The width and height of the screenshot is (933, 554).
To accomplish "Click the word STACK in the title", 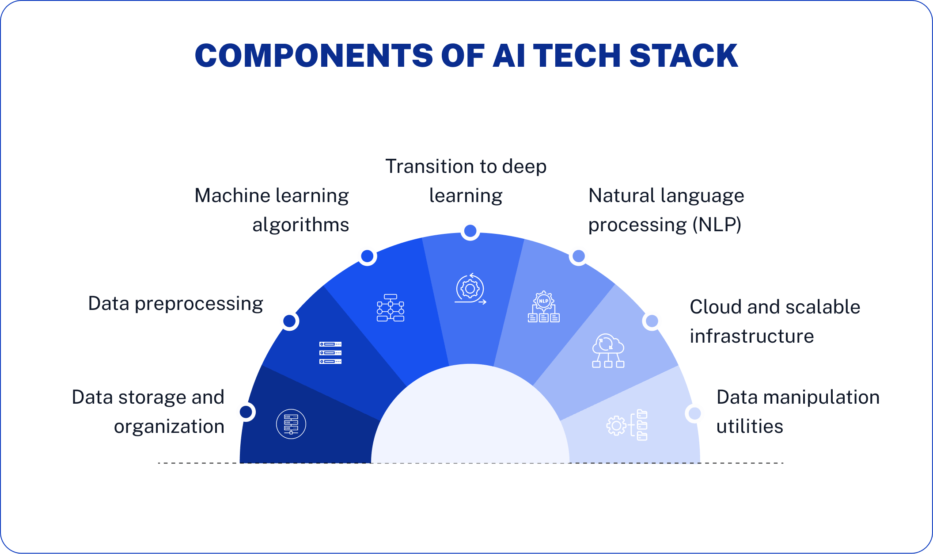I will (x=683, y=56).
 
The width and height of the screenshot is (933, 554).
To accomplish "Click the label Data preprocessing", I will (x=175, y=304).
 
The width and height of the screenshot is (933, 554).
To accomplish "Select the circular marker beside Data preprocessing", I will (x=289, y=321).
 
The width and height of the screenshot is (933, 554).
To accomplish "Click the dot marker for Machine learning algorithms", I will (x=367, y=256).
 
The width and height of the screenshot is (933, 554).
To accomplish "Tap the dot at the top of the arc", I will (x=470, y=231).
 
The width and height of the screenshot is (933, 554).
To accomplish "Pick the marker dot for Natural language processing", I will (x=578, y=256).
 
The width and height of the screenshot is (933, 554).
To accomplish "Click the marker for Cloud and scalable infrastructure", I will (x=652, y=321).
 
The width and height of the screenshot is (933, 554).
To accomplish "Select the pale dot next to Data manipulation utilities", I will (x=694, y=413).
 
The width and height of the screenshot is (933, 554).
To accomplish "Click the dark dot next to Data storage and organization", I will (x=246, y=412).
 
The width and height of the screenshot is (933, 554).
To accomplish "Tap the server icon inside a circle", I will (x=291, y=424).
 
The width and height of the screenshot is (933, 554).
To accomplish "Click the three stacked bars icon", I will (x=330, y=353).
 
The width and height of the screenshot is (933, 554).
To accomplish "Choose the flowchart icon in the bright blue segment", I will (x=391, y=308).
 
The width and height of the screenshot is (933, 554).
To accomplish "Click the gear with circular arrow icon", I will (x=470, y=289).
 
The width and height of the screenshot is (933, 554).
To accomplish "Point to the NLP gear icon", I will (x=544, y=307).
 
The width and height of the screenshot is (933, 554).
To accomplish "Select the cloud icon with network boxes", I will (x=608, y=351).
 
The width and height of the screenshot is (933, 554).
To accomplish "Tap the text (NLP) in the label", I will (x=717, y=225).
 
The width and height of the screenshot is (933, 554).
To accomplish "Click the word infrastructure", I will (x=751, y=336).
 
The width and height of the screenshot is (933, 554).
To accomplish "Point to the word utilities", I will (x=749, y=427).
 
